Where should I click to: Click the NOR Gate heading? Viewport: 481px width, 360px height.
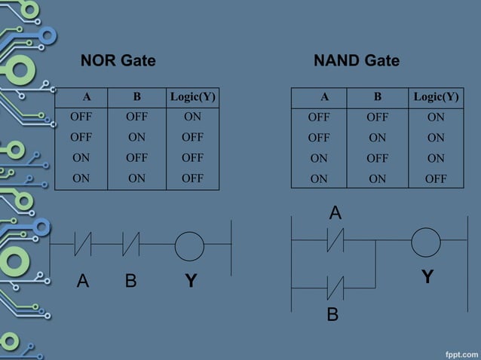(118, 61)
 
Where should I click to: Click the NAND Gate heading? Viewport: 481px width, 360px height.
(356, 61)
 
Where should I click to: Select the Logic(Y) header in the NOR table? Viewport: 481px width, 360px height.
(193, 96)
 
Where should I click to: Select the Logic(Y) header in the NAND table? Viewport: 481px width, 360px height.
(436, 96)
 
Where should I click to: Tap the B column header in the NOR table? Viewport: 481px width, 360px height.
(136, 96)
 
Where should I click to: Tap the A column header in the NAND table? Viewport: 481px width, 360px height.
(324, 96)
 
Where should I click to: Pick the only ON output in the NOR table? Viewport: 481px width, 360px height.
(192, 117)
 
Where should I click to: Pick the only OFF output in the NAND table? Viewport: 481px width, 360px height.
(435, 179)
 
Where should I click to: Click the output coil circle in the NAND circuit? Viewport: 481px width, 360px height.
(426, 243)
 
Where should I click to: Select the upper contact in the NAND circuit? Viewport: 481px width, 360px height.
(335, 242)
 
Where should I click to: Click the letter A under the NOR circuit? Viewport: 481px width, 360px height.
(83, 282)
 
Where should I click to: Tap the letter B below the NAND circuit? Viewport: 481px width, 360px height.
(332, 314)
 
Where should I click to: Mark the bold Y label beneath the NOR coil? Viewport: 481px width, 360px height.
(191, 282)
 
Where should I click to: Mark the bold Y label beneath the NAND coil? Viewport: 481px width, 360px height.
(427, 277)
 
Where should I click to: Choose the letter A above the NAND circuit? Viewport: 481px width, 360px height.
(335, 214)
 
